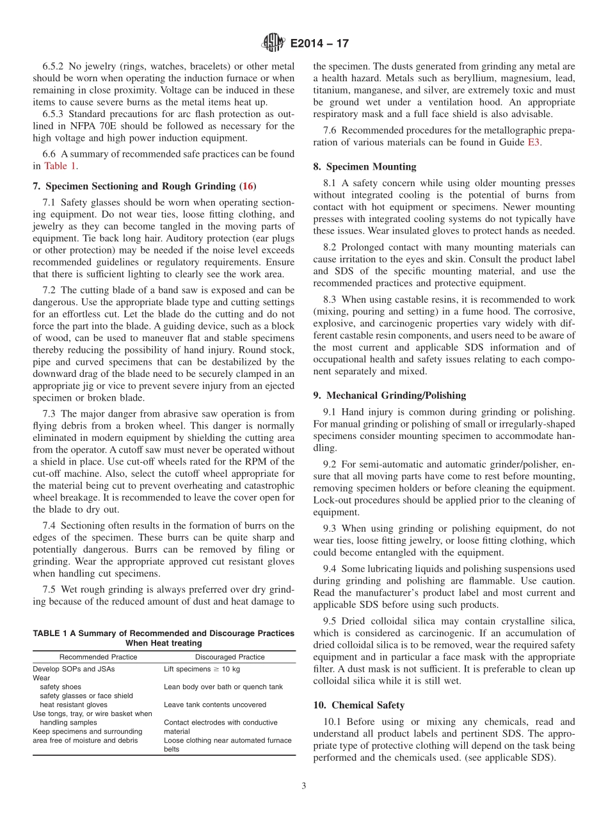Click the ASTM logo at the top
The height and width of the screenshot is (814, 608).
273,44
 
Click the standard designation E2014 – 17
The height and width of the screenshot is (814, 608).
319,44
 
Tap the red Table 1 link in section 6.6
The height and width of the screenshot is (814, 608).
60,166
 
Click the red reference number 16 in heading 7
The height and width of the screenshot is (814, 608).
248,186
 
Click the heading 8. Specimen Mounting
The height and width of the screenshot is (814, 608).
365,166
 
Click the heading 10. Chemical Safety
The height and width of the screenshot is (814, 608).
359,705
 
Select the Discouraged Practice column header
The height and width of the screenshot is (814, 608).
230,657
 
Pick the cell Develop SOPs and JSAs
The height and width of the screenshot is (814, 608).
74,669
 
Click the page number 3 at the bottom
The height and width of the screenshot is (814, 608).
304,786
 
